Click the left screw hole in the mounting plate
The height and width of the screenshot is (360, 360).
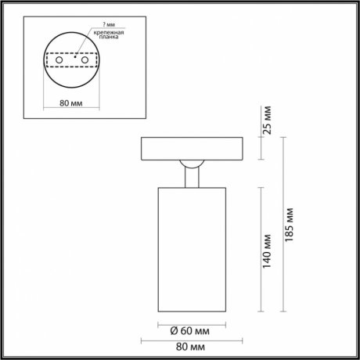tap(57, 60)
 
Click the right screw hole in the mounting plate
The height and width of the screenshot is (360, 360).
tap(85, 60)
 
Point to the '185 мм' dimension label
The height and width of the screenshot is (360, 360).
tap(291, 226)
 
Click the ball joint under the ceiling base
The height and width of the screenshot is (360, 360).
tap(191, 164)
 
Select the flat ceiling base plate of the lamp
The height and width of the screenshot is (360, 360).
tap(191, 149)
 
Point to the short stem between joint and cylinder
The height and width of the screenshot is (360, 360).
tap(191, 178)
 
